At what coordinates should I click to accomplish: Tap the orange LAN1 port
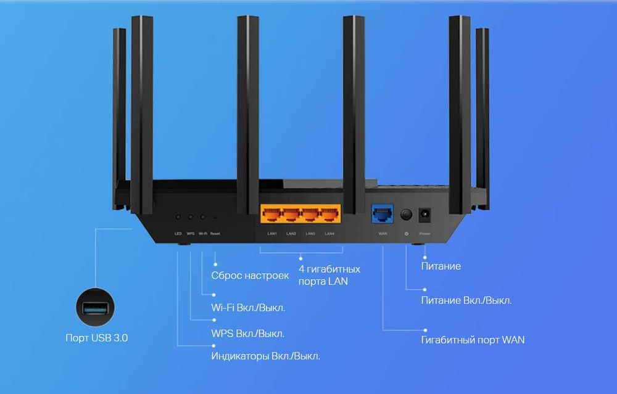click(271, 215)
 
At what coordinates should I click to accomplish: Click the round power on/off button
click(406, 215)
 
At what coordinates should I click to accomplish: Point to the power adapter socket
click(425, 215)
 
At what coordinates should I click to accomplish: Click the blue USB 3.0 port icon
click(96, 307)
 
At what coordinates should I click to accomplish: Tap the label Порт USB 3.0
click(97, 338)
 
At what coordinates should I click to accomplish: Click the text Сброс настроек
click(250, 276)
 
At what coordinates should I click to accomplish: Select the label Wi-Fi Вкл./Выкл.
click(248, 308)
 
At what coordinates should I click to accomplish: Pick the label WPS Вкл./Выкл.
click(247, 334)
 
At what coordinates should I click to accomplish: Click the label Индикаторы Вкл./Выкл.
click(265, 356)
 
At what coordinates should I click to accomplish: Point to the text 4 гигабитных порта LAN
click(329, 275)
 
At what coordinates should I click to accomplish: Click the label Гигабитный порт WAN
click(473, 340)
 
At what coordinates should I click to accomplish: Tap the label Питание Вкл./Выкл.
click(466, 301)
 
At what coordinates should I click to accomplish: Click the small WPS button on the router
click(191, 218)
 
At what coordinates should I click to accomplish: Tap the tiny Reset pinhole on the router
click(215, 218)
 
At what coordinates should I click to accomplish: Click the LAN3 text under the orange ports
click(310, 234)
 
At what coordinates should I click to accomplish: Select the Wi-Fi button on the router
click(202, 218)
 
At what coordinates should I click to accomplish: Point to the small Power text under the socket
click(425, 234)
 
